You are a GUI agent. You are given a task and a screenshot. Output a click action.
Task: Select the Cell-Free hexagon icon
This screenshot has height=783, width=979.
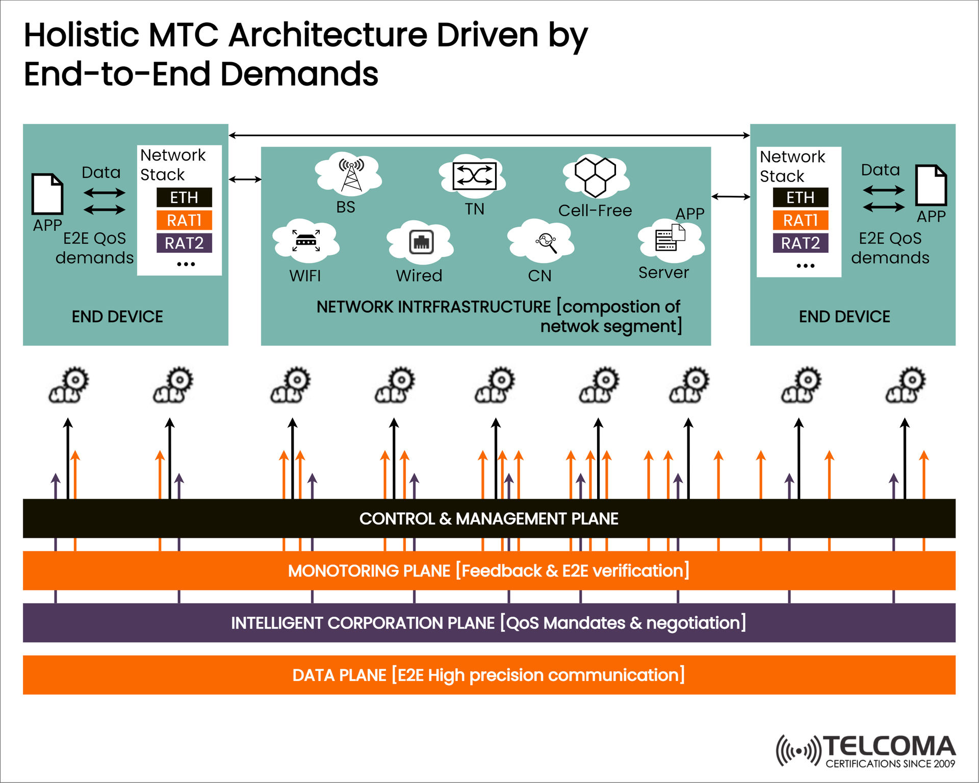[596, 176]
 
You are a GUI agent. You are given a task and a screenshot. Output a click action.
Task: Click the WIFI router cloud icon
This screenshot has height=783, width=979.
[306, 240]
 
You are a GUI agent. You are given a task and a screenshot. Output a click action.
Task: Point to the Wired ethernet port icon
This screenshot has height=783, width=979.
[421, 242]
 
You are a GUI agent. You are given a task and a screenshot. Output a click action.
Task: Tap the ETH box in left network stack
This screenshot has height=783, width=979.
[184, 197]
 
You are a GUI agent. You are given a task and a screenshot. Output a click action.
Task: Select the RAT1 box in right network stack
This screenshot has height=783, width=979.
[800, 220]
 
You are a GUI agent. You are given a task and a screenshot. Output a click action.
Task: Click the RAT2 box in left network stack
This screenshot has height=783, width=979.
[184, 243]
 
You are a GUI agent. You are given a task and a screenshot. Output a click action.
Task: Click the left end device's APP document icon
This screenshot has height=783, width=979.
[47, 194]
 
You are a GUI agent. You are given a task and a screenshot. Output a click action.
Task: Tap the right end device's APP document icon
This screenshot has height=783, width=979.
[931, 185]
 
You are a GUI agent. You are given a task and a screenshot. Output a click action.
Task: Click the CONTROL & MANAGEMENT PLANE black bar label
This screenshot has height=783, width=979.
[488, 518]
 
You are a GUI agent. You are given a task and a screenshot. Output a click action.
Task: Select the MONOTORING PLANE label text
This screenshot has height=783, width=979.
[488, 570]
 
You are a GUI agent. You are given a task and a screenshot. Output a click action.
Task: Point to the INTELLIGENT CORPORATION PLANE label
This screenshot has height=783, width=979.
[488, 623]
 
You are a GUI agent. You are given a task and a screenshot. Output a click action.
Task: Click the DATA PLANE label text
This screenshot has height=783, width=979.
[488, 675]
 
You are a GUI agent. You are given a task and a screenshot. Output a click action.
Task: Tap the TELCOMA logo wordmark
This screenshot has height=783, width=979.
[889, 746]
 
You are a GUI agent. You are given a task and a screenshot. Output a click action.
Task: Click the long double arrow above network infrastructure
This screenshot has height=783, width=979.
[488, 136]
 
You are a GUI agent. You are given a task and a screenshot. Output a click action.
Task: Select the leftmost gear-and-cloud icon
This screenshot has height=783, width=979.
[68, 385]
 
